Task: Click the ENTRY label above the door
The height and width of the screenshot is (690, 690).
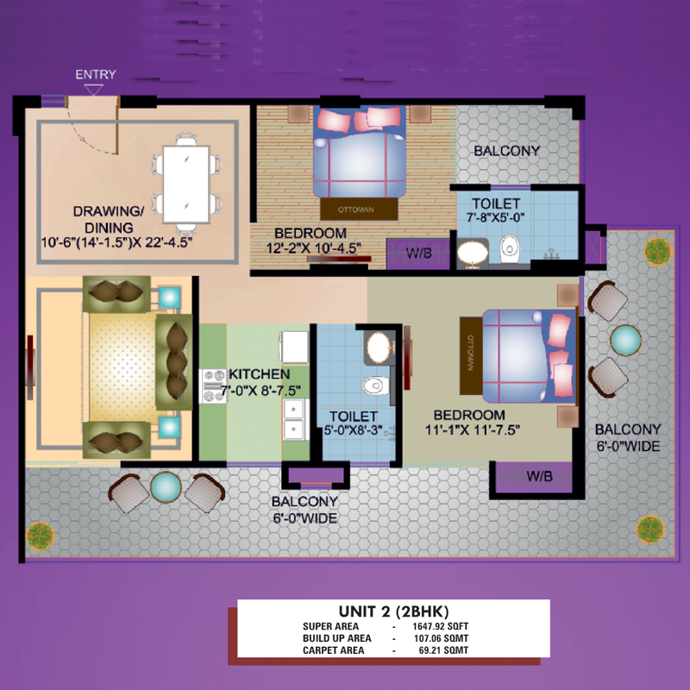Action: coord(96,74)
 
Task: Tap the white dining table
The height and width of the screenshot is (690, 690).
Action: coord(186,184)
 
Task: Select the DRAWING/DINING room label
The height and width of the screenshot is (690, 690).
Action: coord(109,219)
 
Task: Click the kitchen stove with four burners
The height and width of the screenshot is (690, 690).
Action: coord(213,386)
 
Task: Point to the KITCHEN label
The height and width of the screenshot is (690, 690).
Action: coord(260,374)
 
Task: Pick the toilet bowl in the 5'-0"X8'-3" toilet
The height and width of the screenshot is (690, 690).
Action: coord(375,386)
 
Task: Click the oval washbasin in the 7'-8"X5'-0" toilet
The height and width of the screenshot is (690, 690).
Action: coord(473,253)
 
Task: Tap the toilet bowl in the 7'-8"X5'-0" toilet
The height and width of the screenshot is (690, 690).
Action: coord(510,248)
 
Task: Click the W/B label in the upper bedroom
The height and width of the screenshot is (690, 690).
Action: coord(419,253)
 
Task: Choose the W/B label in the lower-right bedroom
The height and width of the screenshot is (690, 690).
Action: coord(540,476)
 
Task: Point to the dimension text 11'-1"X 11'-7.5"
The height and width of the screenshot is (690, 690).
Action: coord(473,430)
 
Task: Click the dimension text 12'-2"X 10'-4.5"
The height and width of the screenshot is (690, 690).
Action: coord(314,248)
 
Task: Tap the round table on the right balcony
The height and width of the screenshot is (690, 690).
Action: coord(625,340)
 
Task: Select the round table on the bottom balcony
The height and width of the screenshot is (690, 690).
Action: coord(166,486)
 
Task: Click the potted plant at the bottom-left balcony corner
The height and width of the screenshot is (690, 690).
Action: coord(41,536)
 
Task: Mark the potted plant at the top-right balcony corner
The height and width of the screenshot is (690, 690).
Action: coord(657,252)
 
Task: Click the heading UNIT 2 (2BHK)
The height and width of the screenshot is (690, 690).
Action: coord(393,612)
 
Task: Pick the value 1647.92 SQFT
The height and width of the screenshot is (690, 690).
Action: coord(440,626)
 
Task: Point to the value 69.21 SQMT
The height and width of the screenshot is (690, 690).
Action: coord(443,650)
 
